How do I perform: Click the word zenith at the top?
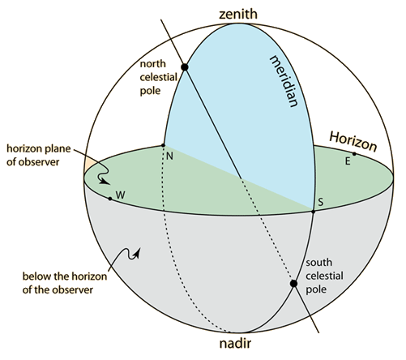tap(238, 14)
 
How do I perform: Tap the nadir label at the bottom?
tap(235, 343)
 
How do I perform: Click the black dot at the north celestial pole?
tap(185, 66)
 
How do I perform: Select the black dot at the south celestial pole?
tap(293, 284)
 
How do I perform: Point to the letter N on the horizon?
tap(169, 156)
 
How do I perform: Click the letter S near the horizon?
tap(320, 202)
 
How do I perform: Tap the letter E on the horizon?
tap(348, 161)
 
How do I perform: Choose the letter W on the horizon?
tap(120, 195)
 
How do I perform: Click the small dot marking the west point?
tap(110, 199)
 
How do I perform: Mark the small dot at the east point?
tap(354, 154)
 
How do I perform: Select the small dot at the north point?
tap(163, 145)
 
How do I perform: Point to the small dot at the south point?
tap(314, 212)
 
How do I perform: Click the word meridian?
tap(284, 81)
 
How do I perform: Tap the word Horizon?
tap(353, 142)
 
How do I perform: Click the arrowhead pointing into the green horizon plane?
tap(105, 182)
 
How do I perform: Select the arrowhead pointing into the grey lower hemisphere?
tap(138, 253)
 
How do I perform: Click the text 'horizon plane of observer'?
tap(38, 155)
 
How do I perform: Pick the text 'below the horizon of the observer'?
tap(65, 283)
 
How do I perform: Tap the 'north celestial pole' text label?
tap(159, 77)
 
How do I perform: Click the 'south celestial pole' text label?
tap(324, 276)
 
